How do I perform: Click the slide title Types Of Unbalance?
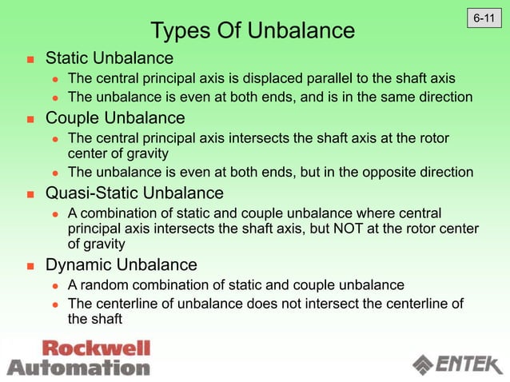[253, 31]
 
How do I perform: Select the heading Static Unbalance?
[110, 58]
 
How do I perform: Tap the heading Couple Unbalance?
[115, 118]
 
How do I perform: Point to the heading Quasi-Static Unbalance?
[134, 193]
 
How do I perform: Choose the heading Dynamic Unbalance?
[122, 265]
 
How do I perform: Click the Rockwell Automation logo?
[79, 358]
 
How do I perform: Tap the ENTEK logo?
[454, 364]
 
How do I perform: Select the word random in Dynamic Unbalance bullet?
[103, 285]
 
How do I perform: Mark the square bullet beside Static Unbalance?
[30, 59]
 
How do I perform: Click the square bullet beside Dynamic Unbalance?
[30, 265]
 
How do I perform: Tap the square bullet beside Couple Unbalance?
[30, 119]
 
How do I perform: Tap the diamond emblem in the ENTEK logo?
[423, 364]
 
